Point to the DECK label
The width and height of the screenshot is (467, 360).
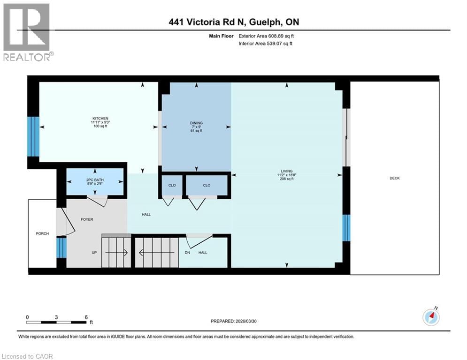[394, 178]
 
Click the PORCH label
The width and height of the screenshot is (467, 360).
[42, 233]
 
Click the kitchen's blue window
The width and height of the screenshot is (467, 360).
[33, 136]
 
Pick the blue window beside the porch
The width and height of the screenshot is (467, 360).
[61, 247]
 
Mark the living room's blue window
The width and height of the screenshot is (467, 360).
[346, 228]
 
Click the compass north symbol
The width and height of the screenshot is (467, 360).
[431, 317]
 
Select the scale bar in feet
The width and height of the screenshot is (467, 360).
[57, 322]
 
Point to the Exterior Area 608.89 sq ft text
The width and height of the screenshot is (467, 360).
[266, 36]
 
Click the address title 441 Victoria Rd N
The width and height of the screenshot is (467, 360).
[234, 22]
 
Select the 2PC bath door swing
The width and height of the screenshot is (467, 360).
[98, 201]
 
